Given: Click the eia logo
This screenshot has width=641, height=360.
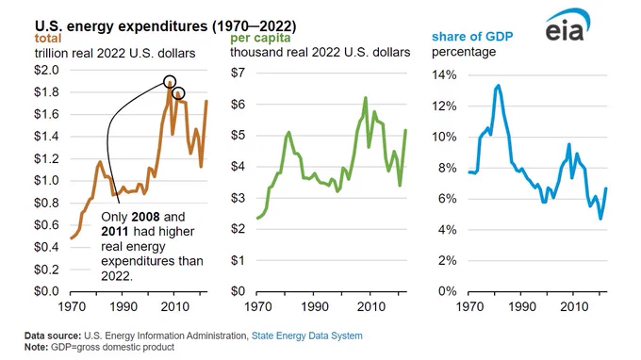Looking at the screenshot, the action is pyautogui.click(x=567, y=25).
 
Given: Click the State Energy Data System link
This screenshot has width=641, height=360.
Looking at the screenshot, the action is pyautogui.click(x=306, y=335).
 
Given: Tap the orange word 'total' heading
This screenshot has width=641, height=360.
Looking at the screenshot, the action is pyautogui.click(x=48, y=39).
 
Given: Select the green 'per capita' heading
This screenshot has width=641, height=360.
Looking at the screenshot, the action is pyautogui.click(x=260, y=38).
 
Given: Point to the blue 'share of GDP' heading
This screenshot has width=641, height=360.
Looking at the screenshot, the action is pyautogui.click(x=472, y=37).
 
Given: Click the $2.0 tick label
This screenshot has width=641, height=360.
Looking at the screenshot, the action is pyautogui.click(x=46, y=70).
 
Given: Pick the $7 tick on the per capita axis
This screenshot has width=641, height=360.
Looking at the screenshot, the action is pyautogui.click(x=238, y=73).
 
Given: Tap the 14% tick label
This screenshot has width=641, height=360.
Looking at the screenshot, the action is pyautogui.click(x=444, y=74).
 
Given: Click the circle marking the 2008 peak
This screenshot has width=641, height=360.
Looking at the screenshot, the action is pyautogui.click(x=170, y=81).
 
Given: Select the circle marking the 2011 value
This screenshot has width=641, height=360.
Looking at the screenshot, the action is pyautogui.click(x=178, y=93).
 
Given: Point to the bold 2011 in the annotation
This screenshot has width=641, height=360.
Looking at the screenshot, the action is pyautogui.click(x=115, y=231).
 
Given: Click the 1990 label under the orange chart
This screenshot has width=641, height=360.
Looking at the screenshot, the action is pyautogui.click(x=123, y=306).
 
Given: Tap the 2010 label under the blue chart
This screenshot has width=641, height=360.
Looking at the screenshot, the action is pyautogui.click(x=573, y=306).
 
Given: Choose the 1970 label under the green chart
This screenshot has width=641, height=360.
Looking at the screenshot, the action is pyautogui.click(x=258, y=306).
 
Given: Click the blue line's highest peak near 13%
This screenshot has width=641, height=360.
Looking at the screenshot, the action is pyautogui.click(x=498, y=86).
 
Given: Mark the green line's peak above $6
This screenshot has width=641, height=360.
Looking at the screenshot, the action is pyautogui.click(x=366, y=98).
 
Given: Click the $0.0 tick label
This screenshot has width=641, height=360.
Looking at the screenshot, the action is pyautogui.click(x=46, y=291).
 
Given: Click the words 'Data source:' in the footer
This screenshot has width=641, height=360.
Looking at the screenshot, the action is pyautogui.click(x=53, y=335).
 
